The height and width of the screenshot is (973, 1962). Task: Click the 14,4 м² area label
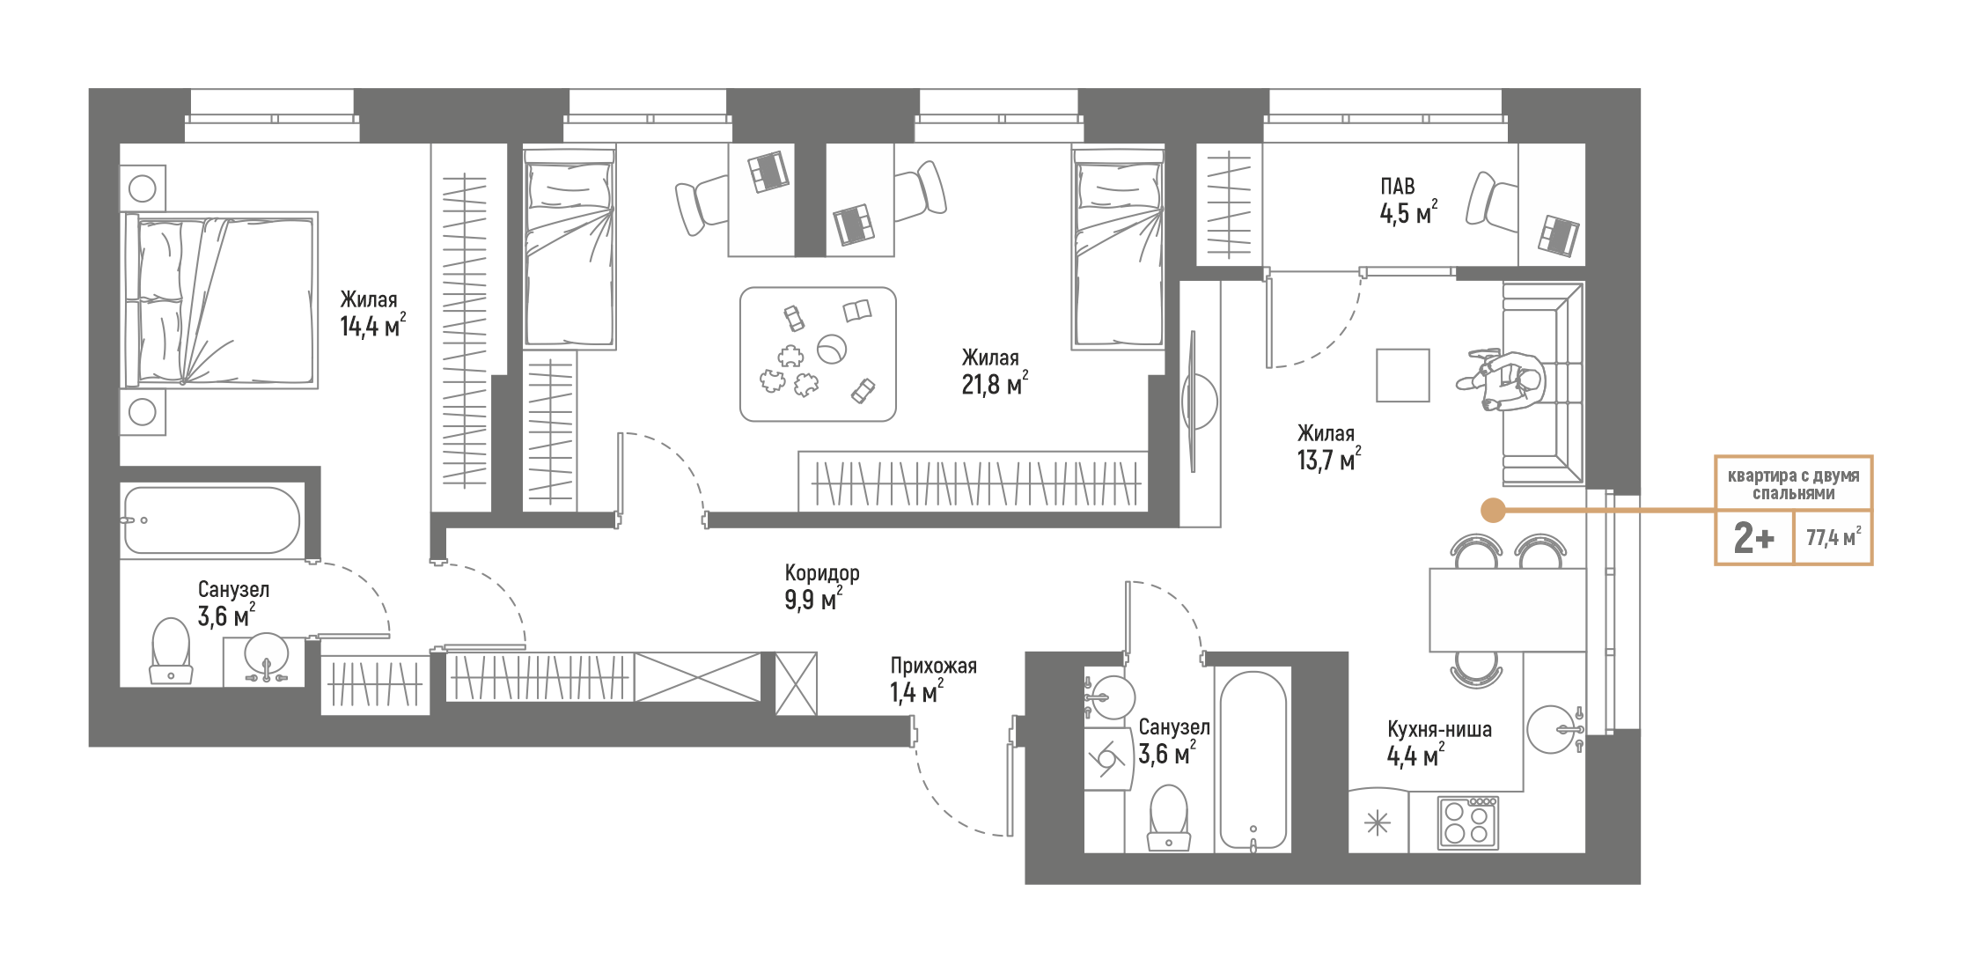[372, 328]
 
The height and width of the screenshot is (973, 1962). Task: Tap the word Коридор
[821, 573]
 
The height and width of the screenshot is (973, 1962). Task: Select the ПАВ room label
[1397, 187]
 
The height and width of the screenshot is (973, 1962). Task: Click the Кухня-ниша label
[1439, 730]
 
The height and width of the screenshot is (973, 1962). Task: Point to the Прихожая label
[933, 667]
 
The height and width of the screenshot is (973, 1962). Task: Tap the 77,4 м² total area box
[1833, 537]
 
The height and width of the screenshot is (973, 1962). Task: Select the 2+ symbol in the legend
[1753, 537]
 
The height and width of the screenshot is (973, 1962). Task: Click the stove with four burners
[1467, 823]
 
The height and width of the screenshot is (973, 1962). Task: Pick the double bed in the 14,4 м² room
[220, 300]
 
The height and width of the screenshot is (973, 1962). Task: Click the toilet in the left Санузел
[171, 651]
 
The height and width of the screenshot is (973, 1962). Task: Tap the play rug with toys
[818, 354]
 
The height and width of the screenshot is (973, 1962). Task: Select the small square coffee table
[1402, 375]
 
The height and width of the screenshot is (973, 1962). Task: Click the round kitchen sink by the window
[1551, 729]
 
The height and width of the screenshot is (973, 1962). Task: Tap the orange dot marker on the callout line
[1493, 510]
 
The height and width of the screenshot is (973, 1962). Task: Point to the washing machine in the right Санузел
[1106, 759]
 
